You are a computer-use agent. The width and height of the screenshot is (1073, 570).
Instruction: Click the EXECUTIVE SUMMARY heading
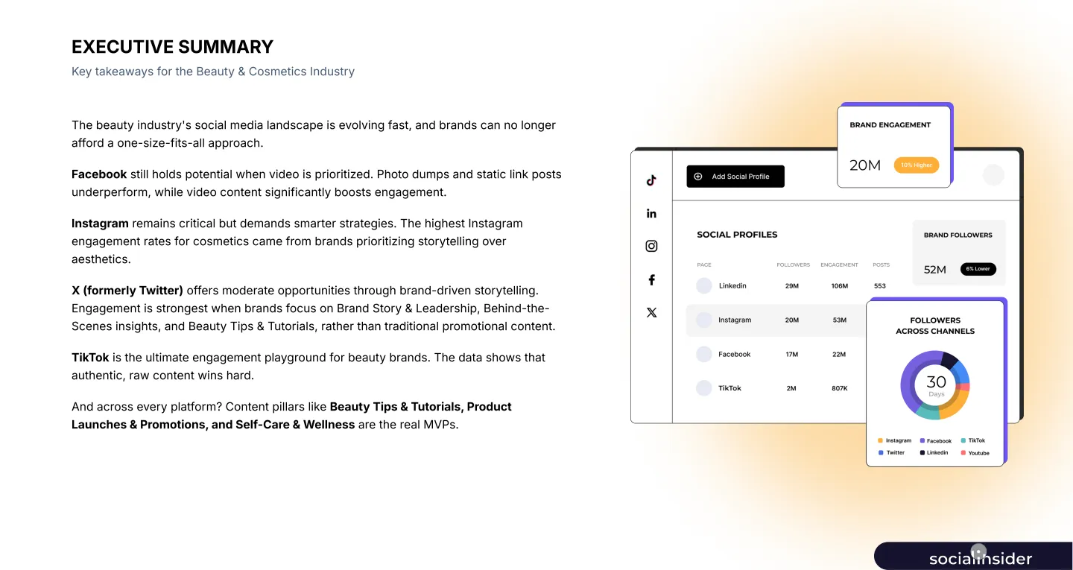point(172,47)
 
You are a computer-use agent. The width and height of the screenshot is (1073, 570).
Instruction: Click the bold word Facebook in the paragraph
point(99,174)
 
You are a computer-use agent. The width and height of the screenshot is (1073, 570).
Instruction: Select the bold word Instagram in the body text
point(100,224)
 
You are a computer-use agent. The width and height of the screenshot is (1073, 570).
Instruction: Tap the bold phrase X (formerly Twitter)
point(127,291)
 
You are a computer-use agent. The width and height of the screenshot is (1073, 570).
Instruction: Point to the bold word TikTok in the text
point(90,358)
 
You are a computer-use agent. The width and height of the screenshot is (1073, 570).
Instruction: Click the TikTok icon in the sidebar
point(651,180)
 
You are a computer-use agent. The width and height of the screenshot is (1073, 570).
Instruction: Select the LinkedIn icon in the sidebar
point(651,214)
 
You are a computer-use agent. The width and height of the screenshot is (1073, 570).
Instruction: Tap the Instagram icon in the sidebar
point(651,246)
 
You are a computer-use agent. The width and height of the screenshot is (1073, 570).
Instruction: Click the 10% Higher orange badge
point(916,165)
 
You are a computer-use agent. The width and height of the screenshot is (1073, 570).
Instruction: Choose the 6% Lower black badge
point(978,269)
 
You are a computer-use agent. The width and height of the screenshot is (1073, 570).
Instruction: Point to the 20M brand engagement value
point(865,165)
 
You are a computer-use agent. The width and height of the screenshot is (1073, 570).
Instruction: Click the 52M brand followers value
point(934,270)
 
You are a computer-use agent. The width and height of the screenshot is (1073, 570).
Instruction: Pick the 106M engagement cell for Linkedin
point(839,286)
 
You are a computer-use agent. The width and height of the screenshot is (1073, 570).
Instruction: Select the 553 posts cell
point(880,286)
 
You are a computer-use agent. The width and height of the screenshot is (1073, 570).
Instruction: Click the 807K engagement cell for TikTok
point(839,388)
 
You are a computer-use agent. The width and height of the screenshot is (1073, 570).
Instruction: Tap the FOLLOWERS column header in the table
point(793,265)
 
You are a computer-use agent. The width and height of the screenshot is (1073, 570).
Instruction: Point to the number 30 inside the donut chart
point(936,382)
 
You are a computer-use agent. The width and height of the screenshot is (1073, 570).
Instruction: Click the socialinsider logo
point(980,559)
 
